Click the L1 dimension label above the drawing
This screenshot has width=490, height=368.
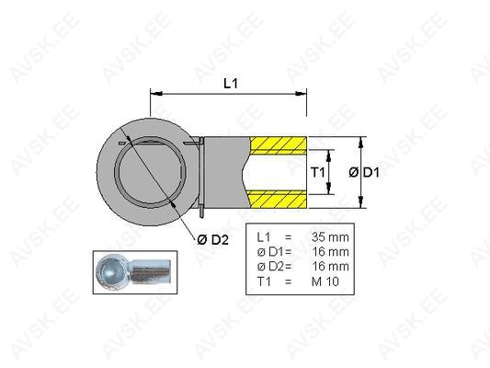pos(231,84)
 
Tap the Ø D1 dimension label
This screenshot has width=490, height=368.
pos(364,172)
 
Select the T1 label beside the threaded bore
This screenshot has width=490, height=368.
pos(318,172)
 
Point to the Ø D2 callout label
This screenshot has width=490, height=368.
pos(212,240)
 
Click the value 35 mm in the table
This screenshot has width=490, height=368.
pos(330,237)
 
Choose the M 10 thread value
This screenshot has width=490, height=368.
pos(325,282)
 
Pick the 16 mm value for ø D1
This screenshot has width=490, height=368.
pos(331,252)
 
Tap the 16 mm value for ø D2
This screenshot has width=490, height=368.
pos(331,267)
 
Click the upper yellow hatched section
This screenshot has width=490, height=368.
pos(279,144)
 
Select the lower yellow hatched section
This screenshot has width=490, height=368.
pos(279,200)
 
